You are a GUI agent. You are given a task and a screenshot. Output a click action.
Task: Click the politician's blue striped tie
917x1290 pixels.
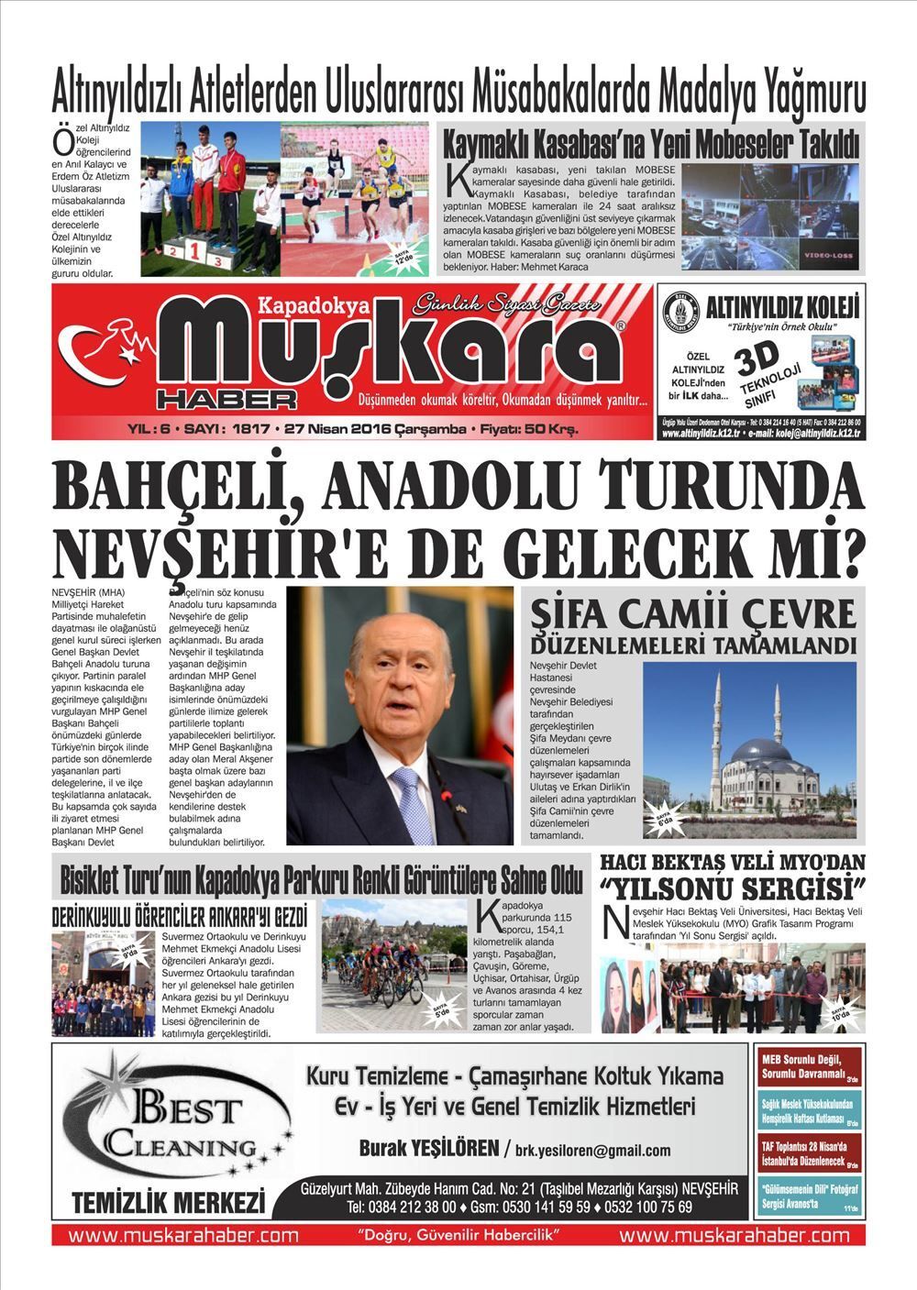409,807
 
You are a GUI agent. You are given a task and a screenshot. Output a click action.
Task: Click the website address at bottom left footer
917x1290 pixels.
183,1235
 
